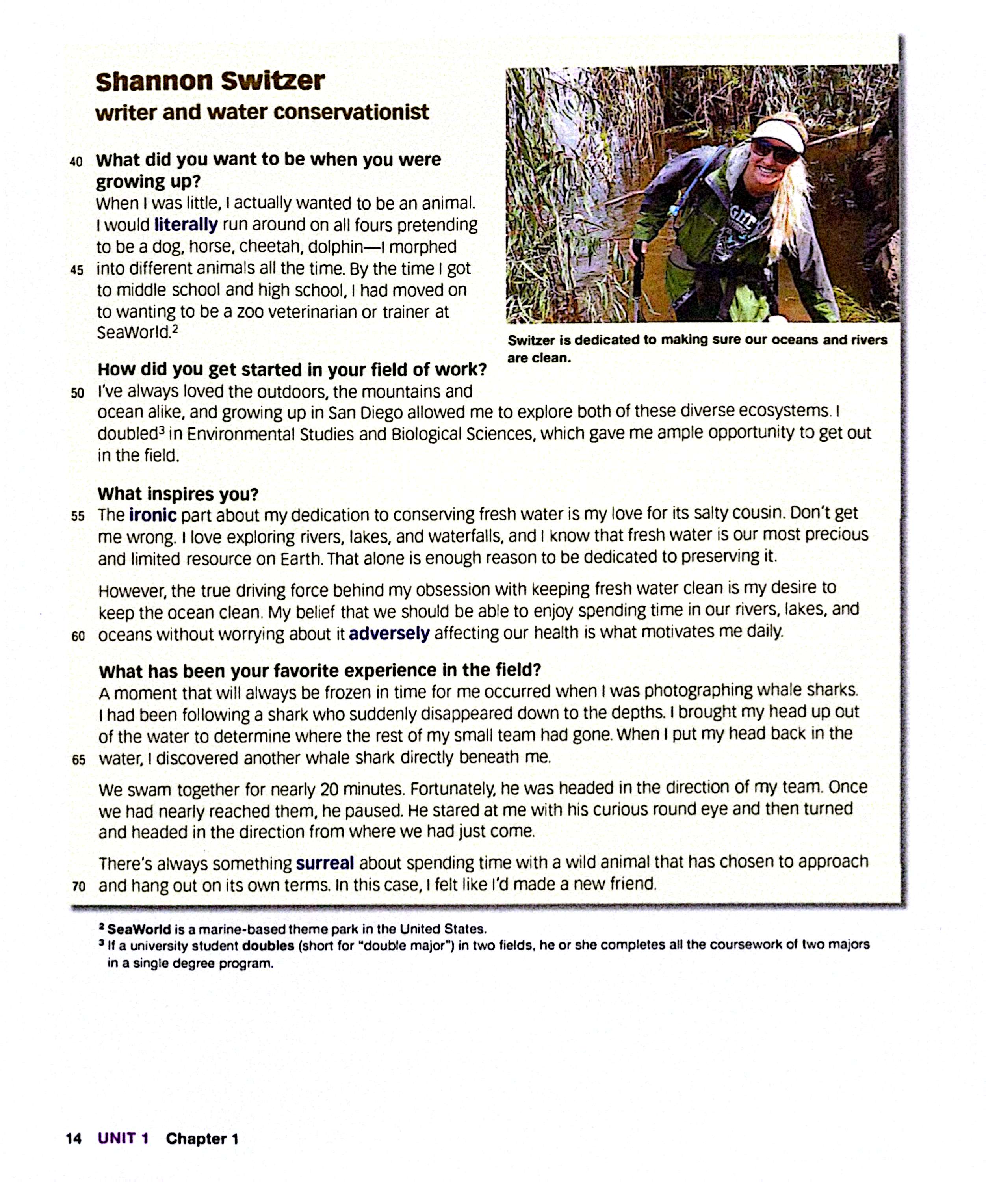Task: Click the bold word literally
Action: pyautogui.click(x=186, y=225)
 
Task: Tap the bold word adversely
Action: pyautogui.click(x=389, y=634)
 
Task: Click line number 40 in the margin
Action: pyautogui.click(x=76, y=162)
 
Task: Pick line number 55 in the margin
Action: pyautogui.click(x=78, y=516)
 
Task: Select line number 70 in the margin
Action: pyautogui.click(x=79, y=886)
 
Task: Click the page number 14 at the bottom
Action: pyautogui.click(x=74, y=1139)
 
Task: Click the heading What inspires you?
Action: pyautogui.click(x=178, y=494)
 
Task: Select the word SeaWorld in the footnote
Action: pyautogui.click(x=130, y=929)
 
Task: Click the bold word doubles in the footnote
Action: pyautogui.click(x=268, y=946)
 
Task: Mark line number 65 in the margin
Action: pyautogui.click(x=79, y=760)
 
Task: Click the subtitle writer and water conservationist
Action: pyautogui.click(x=262, y=113)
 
